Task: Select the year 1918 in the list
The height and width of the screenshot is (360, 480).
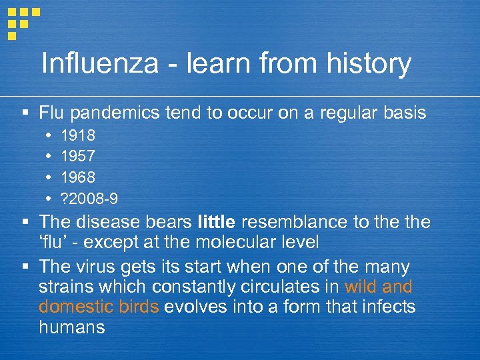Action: [78, 136]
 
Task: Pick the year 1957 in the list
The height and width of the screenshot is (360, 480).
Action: [78, 157]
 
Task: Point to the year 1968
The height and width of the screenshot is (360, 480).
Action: [78, 177]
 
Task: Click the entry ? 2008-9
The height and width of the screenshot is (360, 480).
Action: [90, 198]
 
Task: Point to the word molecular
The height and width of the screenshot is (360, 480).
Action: [261, 241]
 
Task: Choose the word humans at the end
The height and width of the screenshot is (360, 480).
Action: [72, 327]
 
